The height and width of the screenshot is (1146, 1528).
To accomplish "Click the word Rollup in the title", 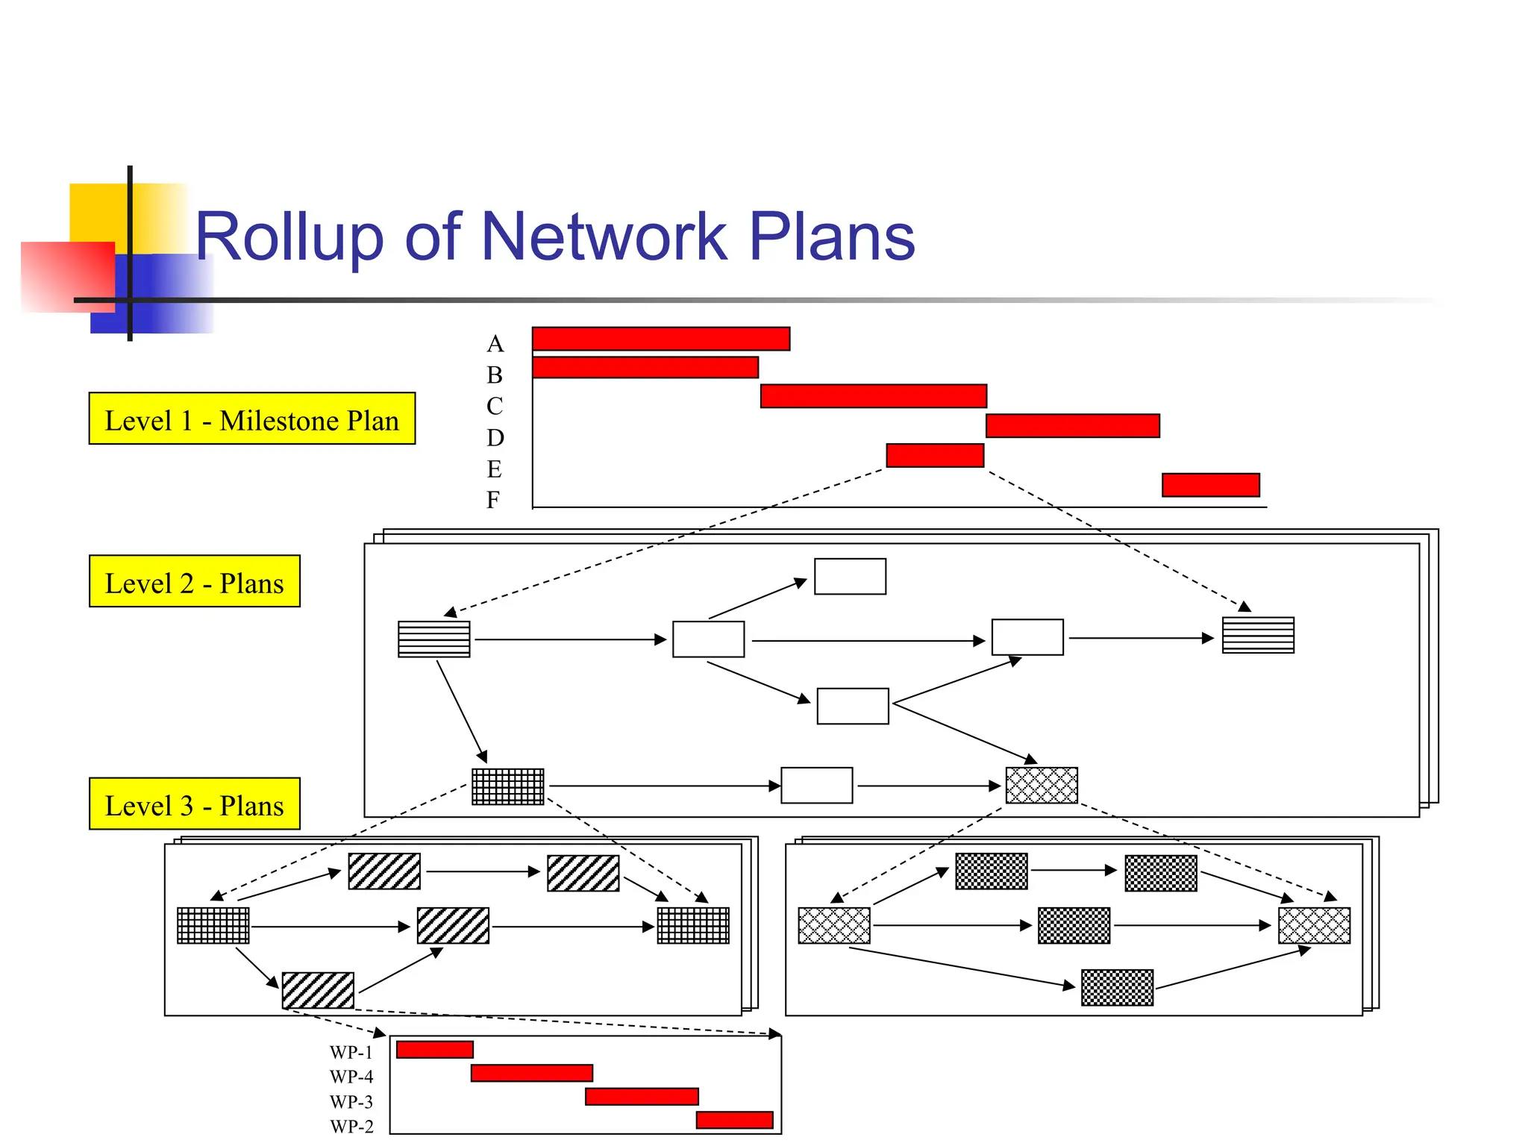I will (x=288, y=237).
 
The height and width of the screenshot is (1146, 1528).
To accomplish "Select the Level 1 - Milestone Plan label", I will (x=251, y=419).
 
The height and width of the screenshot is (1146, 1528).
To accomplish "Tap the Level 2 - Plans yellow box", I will (x=194, y=581).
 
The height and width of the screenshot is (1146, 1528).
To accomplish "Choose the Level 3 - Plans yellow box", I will (x=194, y=804).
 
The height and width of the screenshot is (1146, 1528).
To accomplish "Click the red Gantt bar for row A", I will (x=660, y=339).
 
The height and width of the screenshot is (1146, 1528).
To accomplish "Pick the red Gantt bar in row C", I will (x=873, y=396).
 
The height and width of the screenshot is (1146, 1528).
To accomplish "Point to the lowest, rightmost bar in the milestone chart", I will (x=1210, y=485).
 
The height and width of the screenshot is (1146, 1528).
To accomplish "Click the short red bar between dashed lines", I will (x=934, y=455).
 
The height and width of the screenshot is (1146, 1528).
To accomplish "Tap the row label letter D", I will (x=495, y=438).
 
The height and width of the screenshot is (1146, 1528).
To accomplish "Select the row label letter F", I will (x=493, y=500).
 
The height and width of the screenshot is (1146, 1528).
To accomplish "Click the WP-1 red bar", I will (x=434, y=1050).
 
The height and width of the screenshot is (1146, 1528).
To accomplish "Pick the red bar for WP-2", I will (x=734, y=1120).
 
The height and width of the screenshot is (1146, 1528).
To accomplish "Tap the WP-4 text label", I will (x=351, y=1077).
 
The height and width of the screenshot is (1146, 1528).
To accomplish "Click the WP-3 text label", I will (x=351, y=1102).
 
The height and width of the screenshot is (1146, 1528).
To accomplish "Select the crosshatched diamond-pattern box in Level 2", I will (x=1042, y=785).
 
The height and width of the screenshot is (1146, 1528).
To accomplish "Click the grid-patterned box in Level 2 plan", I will (x=507, y=786).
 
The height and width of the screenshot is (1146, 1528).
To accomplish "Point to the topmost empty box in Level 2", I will (x=850, y=576).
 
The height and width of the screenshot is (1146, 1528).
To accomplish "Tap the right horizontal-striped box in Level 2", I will (x=1258, y=635).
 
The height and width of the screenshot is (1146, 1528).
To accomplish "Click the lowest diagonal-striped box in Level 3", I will (x=318, y=990).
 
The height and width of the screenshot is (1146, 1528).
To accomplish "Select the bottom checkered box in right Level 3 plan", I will (x=1117, y=987).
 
